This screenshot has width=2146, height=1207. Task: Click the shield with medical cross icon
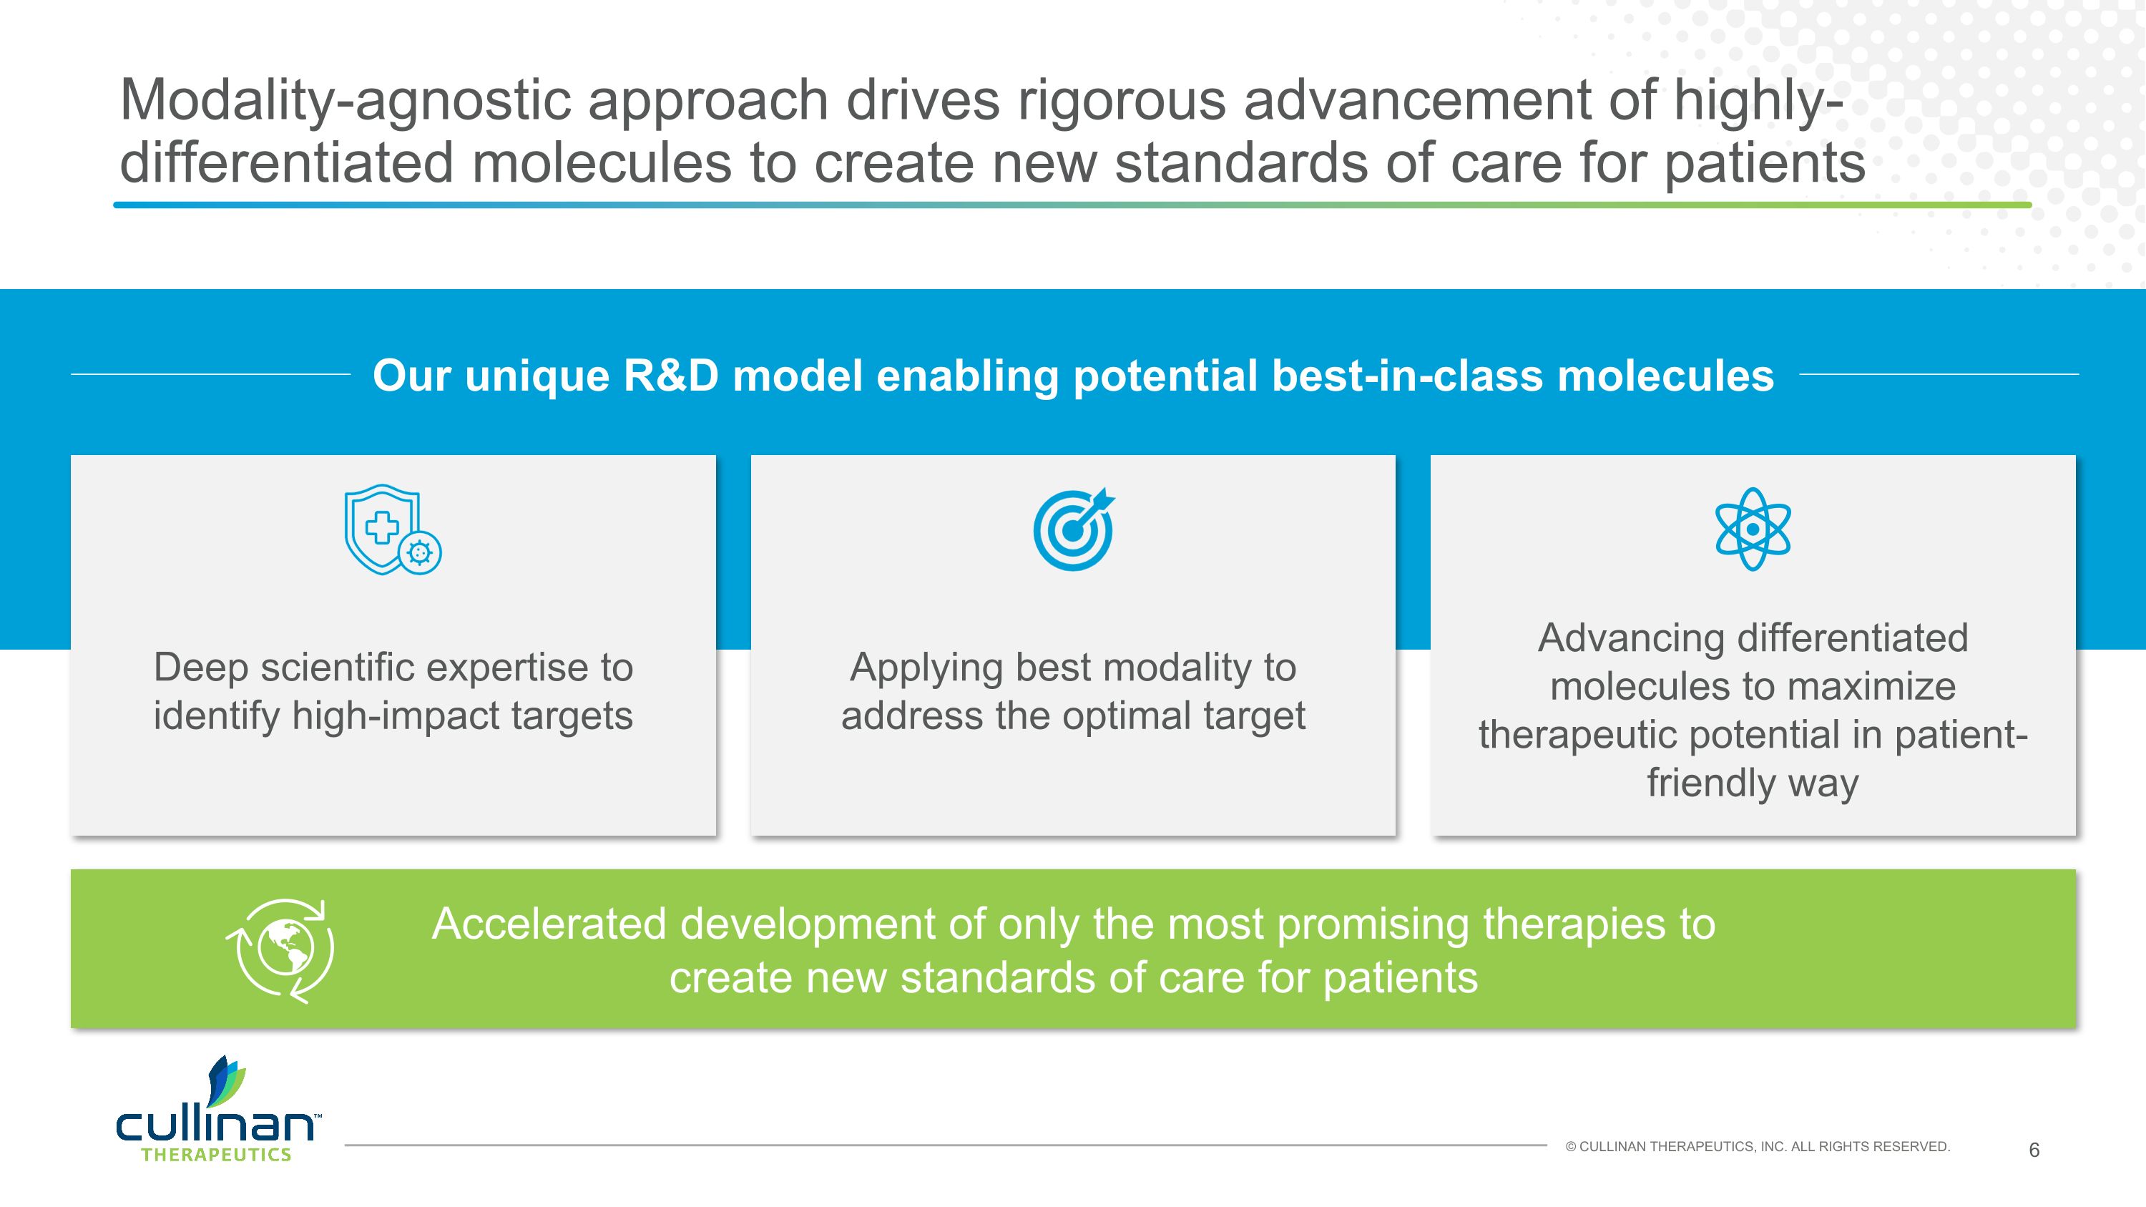[x=391, y=529]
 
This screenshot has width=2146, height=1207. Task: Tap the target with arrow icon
[x=1073, y=529]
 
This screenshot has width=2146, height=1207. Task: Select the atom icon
[x=1753, y=529]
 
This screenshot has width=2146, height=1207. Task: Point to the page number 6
[x=2034, y=1150]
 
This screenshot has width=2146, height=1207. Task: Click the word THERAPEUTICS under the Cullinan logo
[x=217, y=1155]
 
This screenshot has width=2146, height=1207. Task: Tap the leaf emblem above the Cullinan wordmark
[x=226, y=1080]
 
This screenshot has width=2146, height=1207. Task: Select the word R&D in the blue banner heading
[x=671, y=376]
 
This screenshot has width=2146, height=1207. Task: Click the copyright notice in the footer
[x=1758, y=1147]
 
